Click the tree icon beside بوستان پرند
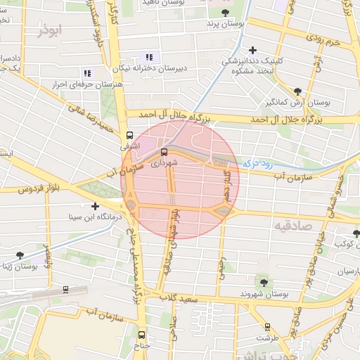(x=225, y=13)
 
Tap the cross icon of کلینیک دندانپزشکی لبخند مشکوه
(x=252, y=50)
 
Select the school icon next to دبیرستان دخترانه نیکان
(x=148, y=57)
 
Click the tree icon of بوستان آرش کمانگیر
(x=298, y=91)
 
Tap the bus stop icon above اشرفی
(x=129, y=134)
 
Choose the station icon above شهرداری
(x=164, y=150)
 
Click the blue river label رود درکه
(x=257, y=163)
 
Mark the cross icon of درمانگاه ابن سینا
(x=95, y=206)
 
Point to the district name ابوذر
(x=51, y=32)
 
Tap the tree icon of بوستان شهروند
(x=263, y=282)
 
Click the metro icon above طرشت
(x=267, y=326)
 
